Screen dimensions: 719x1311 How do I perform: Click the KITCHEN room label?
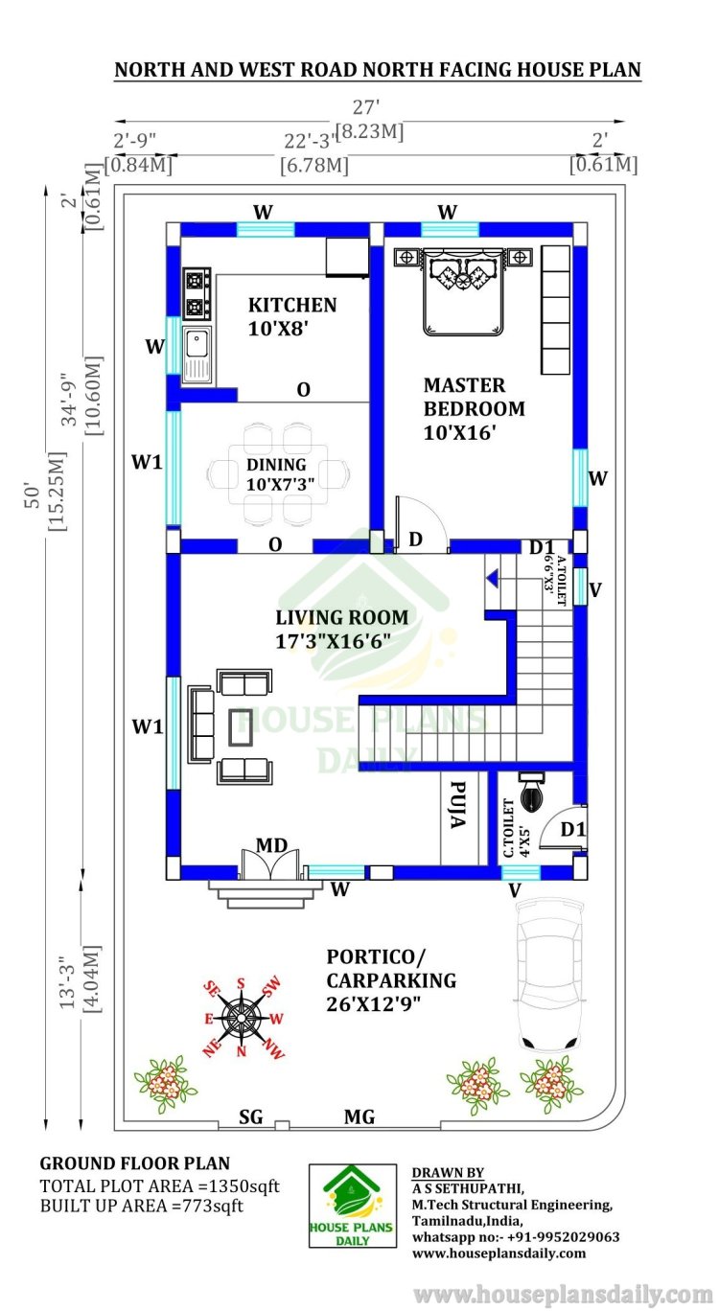pos(292,305)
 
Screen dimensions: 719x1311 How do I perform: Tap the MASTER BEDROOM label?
pos(475,397)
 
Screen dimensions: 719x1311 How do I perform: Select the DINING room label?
pos(276,465)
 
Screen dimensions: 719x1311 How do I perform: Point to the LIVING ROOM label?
pos(342,617)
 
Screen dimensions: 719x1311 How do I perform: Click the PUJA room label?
pos(458,805)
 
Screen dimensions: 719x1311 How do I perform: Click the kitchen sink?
pos(197,354)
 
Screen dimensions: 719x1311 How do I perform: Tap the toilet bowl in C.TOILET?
pos(531,792)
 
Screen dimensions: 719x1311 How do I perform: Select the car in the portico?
pos(549,975)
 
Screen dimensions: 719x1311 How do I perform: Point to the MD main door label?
pos(271,845)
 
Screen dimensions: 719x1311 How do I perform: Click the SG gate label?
pos(250,1116)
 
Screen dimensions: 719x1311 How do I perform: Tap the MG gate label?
pos(359,1116)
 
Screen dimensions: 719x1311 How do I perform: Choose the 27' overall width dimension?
pos(366,107)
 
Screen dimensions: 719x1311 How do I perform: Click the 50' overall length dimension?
pos(35,495)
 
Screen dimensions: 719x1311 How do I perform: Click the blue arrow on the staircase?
pos(492,579)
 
